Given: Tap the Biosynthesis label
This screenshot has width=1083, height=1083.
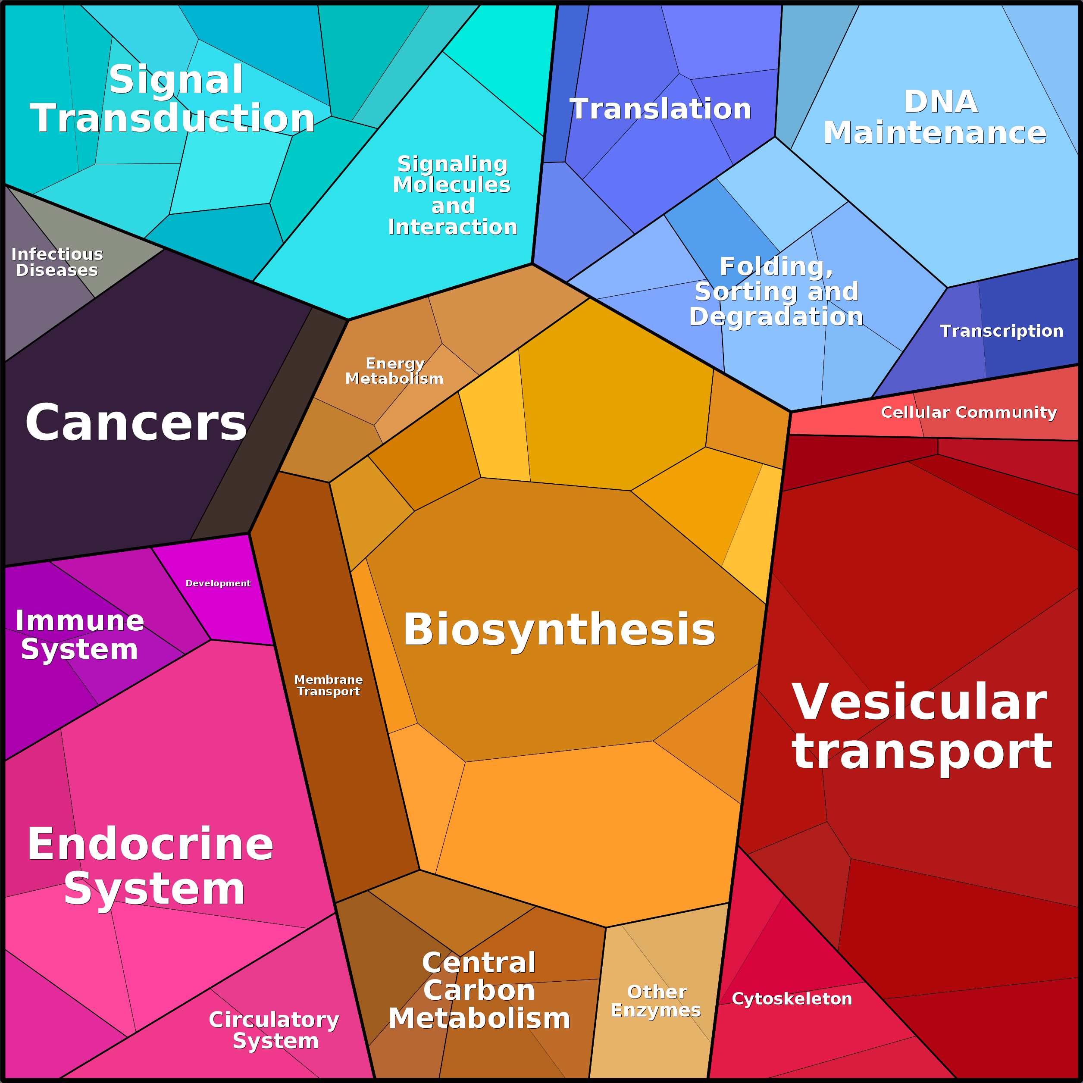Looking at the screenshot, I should coord(559,629).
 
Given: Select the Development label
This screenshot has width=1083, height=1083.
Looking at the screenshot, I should coord(218,584).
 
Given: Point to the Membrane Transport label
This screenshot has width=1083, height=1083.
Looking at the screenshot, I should coord(329,685).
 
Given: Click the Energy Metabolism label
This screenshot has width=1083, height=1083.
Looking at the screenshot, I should coord(394,371).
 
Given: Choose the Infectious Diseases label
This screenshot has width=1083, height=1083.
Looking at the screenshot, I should coord(57,262).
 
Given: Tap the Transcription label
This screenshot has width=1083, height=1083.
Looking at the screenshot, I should coord(1001,331).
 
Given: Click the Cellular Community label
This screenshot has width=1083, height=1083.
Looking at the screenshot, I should coord(969,413).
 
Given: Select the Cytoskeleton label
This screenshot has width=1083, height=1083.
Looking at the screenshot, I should coord(792,999).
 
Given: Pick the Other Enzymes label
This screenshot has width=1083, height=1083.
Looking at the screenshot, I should coord(656,1001).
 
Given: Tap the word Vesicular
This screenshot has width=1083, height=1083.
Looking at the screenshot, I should coord(919,702).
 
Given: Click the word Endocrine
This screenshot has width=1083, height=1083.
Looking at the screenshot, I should coord(150,844).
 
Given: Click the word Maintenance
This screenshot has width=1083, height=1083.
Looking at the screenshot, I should coord(934,133).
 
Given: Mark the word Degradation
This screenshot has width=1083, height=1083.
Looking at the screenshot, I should coord(776,317).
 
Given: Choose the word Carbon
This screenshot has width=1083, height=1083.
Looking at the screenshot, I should coord(479,990).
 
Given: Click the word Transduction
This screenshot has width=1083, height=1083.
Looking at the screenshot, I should coord(172,118).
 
